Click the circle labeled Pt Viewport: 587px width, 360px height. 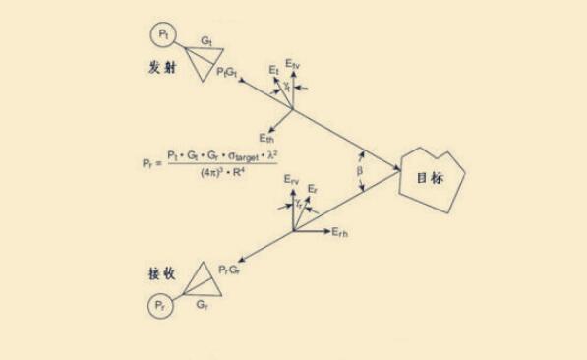coord(162,36)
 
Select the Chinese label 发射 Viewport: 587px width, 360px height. coord(161,71)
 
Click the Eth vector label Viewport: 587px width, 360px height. coord(266,138)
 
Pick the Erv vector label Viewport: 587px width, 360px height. coord(290,181)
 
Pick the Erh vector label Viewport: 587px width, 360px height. coord(341,232)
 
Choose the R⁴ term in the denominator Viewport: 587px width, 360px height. coord(244,171)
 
